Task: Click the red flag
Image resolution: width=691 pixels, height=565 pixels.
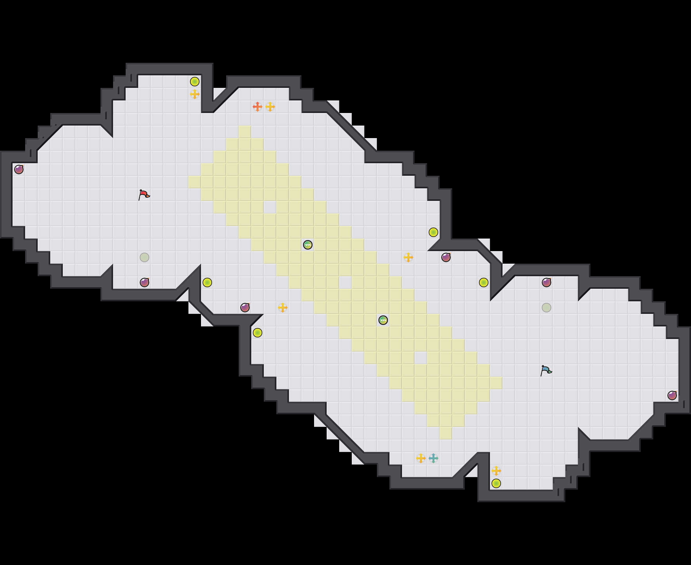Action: (144, 195)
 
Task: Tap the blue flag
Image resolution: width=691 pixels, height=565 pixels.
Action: (546, 370)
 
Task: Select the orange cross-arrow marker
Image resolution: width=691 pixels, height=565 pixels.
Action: (257, 106)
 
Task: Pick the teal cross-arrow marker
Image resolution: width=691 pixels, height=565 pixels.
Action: (433, 458)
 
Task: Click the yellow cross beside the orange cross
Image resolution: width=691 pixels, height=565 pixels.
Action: (270, 106)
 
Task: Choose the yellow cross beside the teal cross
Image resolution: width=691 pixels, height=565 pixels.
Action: (421, 458)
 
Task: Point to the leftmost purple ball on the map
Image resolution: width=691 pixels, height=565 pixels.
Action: (19, 169)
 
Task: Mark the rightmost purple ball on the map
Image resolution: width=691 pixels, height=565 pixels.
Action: (672, 395)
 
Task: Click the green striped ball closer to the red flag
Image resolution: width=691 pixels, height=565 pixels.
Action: (308, 245)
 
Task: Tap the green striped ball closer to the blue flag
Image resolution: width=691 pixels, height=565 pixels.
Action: (383, 320)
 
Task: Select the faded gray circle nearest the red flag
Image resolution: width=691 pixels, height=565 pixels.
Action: (144, 257)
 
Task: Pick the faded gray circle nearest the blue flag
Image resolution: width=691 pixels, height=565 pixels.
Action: (547, 308)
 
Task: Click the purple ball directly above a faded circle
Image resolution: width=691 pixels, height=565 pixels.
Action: (547, 282)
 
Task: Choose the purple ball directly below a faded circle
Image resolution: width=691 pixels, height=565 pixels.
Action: (144, 282)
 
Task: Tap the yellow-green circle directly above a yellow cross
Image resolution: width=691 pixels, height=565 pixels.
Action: (195, 81)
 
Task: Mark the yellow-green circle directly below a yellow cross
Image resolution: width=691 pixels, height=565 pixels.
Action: (496, 483)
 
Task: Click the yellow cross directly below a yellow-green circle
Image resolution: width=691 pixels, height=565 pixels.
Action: (195, 94)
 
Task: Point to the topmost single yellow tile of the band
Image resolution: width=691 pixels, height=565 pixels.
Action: (245, 132)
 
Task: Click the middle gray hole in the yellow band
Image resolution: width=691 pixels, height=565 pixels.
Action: (345, 282)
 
